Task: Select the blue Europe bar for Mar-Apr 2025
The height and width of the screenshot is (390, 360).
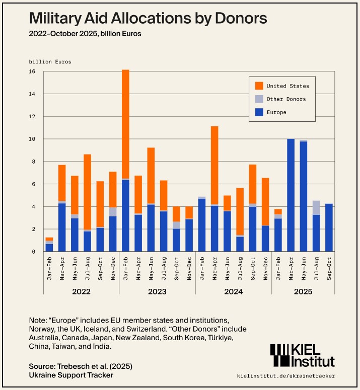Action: coord(291,195)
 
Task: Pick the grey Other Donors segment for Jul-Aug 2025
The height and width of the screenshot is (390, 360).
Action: coord(316,208)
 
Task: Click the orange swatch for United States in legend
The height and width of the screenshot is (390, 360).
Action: coord(259,86)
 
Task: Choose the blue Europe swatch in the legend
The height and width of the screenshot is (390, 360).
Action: coord(259,112)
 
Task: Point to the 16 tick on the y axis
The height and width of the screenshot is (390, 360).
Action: coord(32,71)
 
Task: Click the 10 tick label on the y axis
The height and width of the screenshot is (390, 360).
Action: coord(32,139)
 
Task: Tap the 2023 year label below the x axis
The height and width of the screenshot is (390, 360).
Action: coord(157,292)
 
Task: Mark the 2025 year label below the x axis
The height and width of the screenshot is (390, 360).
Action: coord(303,292)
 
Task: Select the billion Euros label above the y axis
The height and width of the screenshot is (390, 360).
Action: coord(50,62)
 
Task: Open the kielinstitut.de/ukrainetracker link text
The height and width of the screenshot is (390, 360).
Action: coord(285,375)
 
